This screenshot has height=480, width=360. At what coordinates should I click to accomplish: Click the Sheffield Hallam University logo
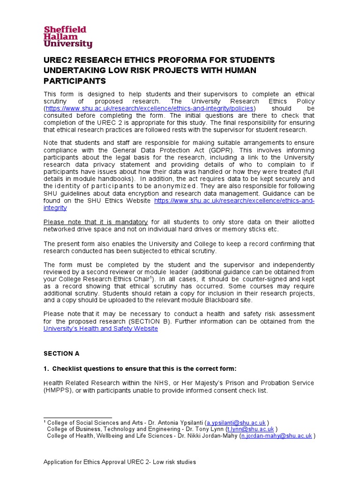pos(68,37)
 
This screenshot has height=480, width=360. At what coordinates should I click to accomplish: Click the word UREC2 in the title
pos(59,60)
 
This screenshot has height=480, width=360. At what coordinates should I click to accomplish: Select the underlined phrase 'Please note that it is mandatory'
pos(96,222)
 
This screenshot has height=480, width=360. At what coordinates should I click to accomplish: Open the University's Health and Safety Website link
pos(101,329)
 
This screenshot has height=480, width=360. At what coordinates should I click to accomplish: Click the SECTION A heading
pos(58,354)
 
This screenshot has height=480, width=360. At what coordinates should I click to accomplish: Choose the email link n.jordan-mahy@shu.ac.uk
pos(276,435)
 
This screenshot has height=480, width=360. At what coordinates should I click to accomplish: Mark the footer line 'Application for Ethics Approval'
pos(120,462)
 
